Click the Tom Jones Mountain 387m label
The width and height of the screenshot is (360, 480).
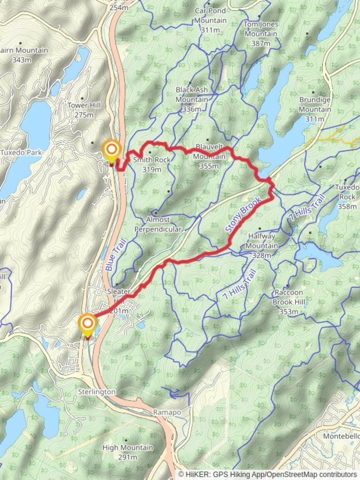[260, 33]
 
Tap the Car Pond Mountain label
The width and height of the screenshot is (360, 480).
[210, 20]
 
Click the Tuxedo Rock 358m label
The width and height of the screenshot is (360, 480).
[347, 196]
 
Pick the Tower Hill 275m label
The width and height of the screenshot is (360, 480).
[84, 110]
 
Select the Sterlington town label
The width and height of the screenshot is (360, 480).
[96, 392]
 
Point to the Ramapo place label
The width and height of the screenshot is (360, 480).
[167, 412]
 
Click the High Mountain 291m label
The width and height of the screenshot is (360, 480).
[128, 452]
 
